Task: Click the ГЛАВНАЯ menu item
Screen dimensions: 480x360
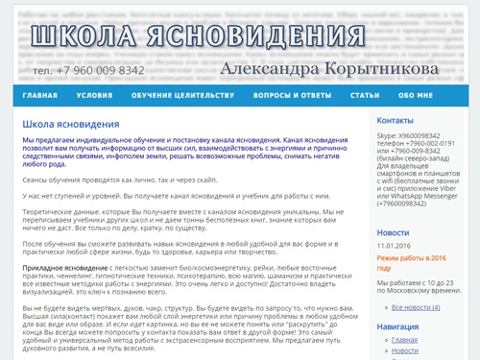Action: click(x=40, y=96)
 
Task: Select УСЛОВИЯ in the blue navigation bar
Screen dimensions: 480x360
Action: click(x=94, y=96)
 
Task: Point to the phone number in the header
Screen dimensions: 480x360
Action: click(x=88, y=70)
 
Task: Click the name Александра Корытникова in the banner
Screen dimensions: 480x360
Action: click(x=328, y=69)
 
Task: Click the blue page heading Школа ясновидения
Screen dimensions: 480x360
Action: click(x=70, y=124)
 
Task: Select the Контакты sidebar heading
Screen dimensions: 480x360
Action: click(x=395, y=121)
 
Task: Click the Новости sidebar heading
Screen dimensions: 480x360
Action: click(x=393, y=232)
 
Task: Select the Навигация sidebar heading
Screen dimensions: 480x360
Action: click(x=397, y=326)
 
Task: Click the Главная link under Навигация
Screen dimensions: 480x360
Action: click(x=405, y=340)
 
